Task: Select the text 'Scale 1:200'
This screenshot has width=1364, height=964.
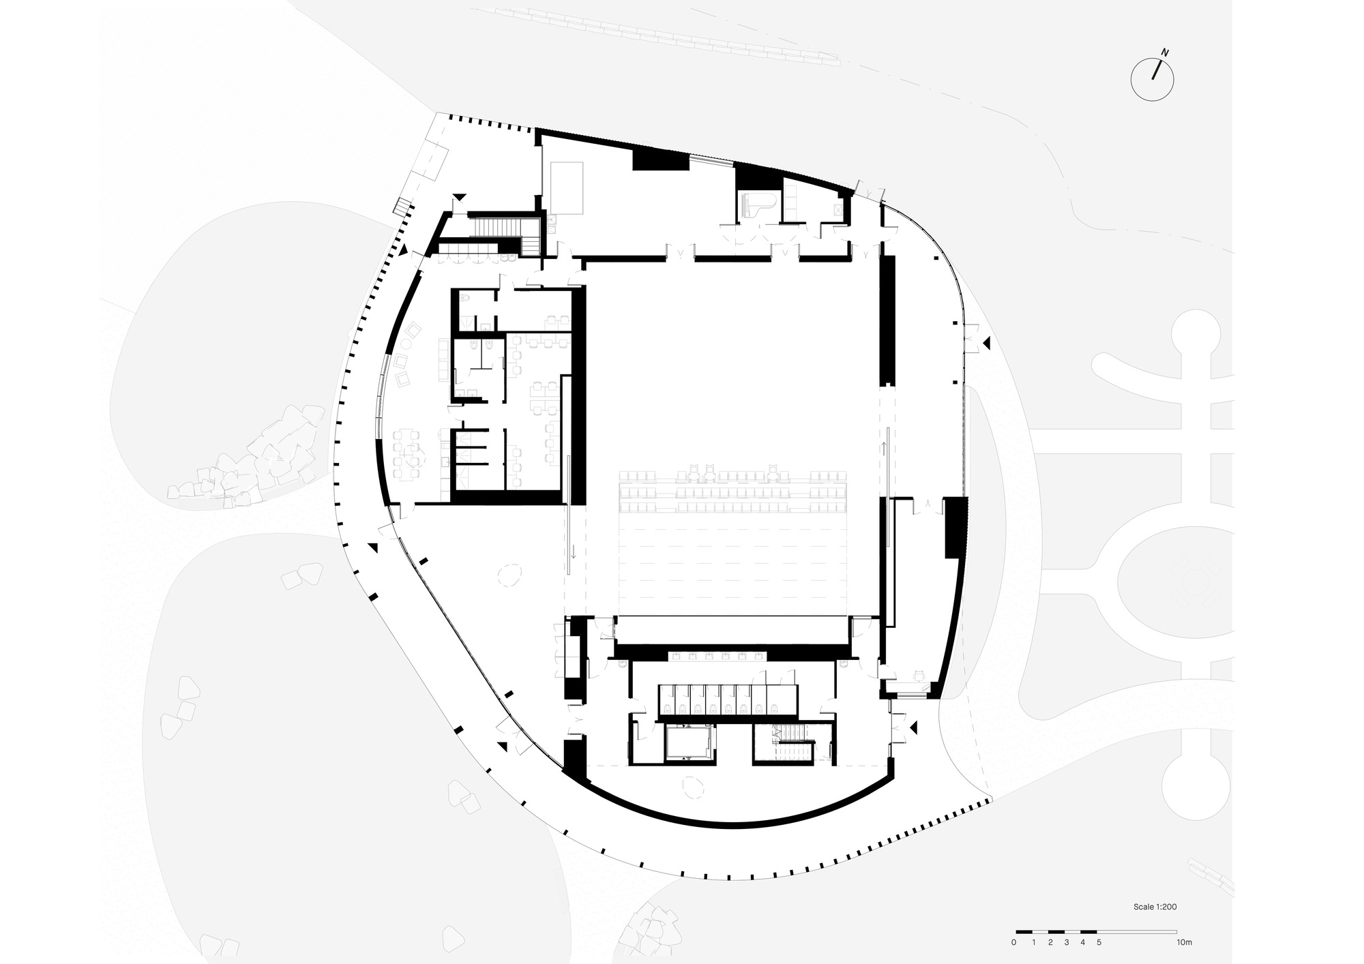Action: [1155, 907]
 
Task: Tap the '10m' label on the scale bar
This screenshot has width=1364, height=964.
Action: [1184, 943]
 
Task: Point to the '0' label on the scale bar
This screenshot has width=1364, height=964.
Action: [1014, 943]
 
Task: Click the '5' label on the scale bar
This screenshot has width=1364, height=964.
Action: [1099, 943]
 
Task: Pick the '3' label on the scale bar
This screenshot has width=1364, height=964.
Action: [1065, 943]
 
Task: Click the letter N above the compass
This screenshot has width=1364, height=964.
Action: [1166, 52]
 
